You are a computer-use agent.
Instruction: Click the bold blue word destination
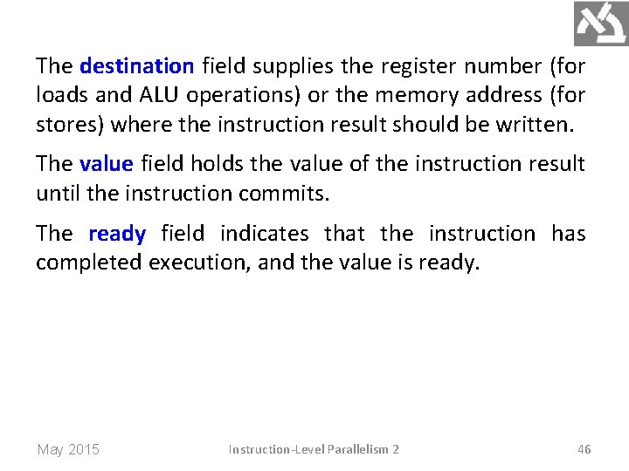point(136,66)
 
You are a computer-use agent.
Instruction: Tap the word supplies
point(287,66)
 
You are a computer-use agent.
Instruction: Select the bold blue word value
point(106,164)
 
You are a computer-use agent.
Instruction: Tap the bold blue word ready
point(117,234)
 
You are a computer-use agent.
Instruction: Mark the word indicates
point(264,234)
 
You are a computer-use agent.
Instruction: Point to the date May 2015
point(68,450)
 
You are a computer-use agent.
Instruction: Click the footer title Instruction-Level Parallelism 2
point(314,449)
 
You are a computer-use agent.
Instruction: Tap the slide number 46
point(584,449)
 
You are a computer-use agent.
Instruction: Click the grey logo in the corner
point(601,24)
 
